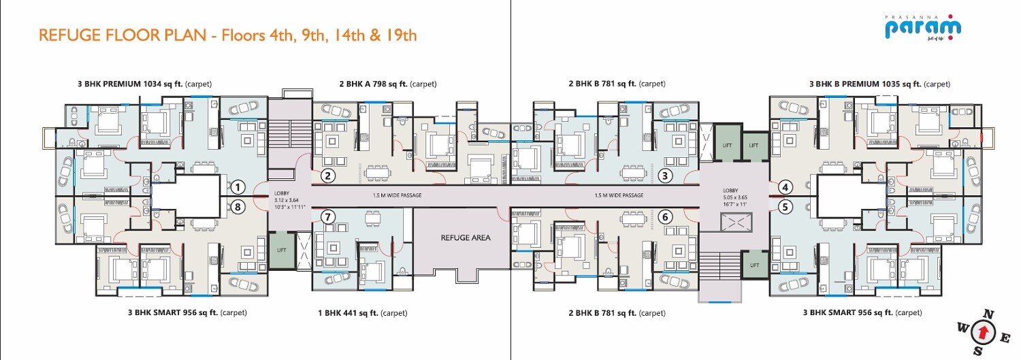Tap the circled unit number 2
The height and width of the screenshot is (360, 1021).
point(328,176)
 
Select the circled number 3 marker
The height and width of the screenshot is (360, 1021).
point(666,176)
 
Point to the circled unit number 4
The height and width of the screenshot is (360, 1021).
point(785,187)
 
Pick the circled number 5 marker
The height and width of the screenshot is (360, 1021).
point(785,206)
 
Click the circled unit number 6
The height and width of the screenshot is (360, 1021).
point(666,217)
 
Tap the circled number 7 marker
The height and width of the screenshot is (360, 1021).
point(328,217)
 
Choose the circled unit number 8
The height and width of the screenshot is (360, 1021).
point(237,206)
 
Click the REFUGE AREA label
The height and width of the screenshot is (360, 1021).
point(466,238)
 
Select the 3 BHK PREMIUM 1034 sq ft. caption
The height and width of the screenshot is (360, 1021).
point(144,84)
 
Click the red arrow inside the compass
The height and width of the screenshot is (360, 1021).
point(982,333)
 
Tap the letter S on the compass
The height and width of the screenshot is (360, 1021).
point(977,351)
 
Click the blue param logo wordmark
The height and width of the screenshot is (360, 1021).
point(922,29)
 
